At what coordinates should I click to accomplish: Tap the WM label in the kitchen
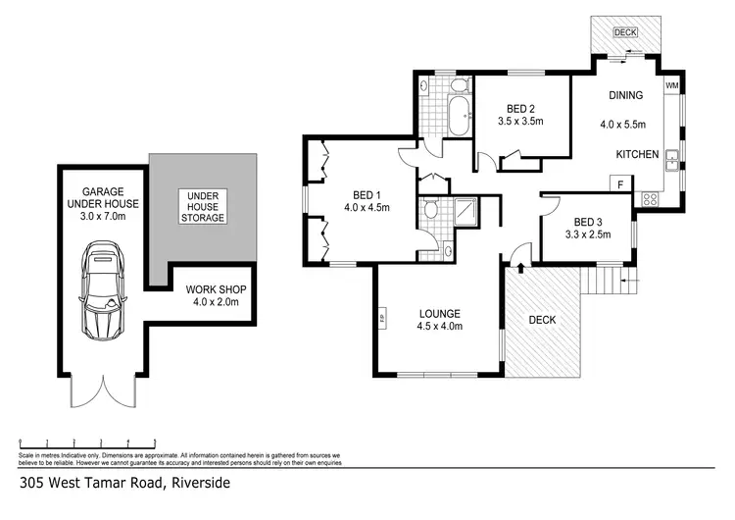(x=671, y=86)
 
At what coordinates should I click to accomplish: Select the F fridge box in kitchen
(x=619, y=183)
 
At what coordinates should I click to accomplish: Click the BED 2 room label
(x=520, y=109)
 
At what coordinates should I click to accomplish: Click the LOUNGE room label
(x=438, y=314)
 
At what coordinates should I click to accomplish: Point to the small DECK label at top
(x=624, y=32)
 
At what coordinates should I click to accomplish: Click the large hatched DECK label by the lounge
(x=542, y=320)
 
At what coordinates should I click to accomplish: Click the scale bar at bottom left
(x=88, y=442)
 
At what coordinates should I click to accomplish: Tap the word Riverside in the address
(x=202, y=483)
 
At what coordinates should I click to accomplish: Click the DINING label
(x=625, y=95)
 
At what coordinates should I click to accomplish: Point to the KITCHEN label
(x=636, y=155)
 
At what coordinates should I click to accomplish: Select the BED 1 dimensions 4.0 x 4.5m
(x=367, y=207)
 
